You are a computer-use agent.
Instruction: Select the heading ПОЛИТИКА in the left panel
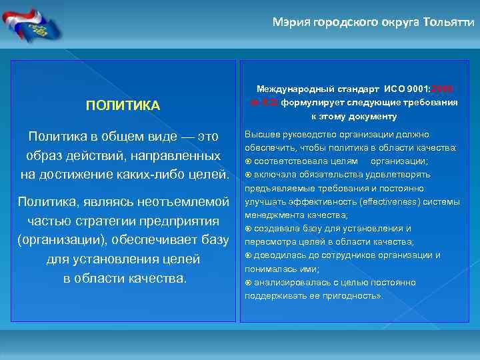pyautogui.click(x=123, y=106)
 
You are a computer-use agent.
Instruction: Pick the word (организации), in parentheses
pyautogui.click(x=63, y=239)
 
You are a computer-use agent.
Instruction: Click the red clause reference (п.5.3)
pyautogui.click(x=264, y=103)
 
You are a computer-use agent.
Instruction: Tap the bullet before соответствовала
pyautogui.click(x=249, y=161)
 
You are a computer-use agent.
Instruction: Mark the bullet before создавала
pyautogui.click(x=249, y=229)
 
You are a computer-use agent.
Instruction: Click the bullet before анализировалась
pyautogui.click(x=249, y=283)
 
